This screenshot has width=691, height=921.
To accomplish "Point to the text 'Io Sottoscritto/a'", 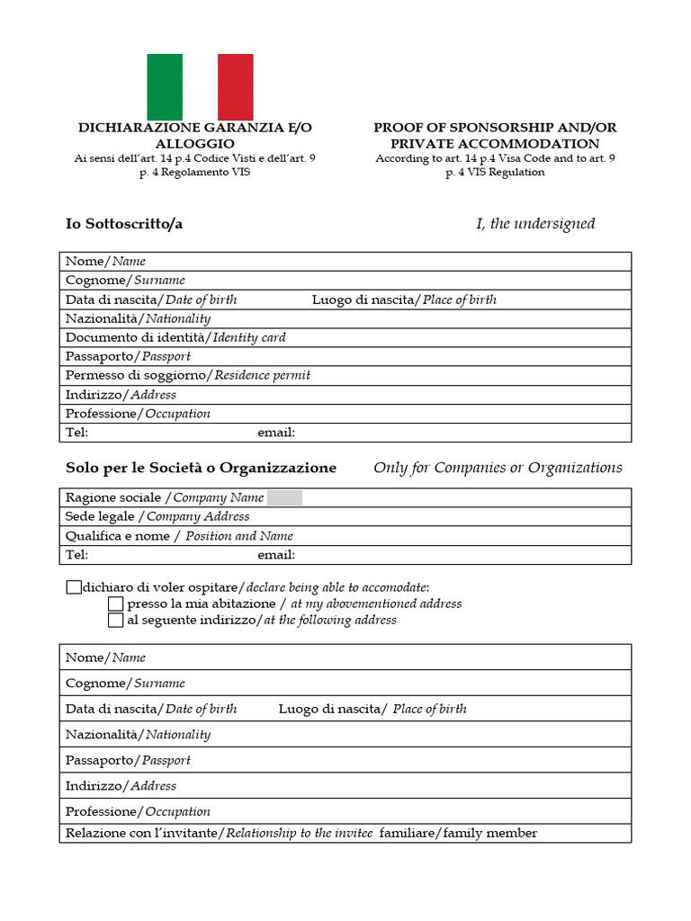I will pyautogui.click(x=124, y=224).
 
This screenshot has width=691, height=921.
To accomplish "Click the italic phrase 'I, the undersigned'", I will pyautogui.click(x=535, y=224).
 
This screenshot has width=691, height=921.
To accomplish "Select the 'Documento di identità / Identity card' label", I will pyautogui.click(x=175, y=337).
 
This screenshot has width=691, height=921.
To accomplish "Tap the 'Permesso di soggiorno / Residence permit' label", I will pyautogui.click(x=187, y=375).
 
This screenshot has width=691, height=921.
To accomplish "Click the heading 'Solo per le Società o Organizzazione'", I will pyautogui.click(x=201, y=468).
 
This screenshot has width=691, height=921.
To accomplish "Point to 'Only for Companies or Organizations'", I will pyautogui.click(x=498, y=468).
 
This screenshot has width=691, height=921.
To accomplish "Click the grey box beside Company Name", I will pyautogui.click(x=285, y=497).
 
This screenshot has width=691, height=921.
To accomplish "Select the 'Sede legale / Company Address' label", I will pyautogui.click(x=157, y=516).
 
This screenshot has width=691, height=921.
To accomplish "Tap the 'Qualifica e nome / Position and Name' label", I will pyautogui.click(x=179, y=536).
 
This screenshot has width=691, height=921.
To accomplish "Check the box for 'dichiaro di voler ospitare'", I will pyautogui.click(x=73, y=587).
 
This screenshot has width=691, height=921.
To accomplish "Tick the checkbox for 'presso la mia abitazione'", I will pyautogui.click(x=115, y=604).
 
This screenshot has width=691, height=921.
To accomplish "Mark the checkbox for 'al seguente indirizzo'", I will pyautogui.click(x=115, y=620).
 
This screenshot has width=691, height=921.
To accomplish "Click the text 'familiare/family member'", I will pyautogui.click(x=458, y=833).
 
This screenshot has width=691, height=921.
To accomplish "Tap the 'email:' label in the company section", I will pyautogui.click(x=276, y=555).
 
